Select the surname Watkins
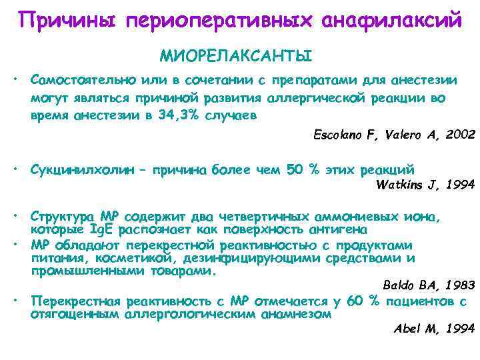(401, 185)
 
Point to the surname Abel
(408, 328)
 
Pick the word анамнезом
(294, 313)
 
